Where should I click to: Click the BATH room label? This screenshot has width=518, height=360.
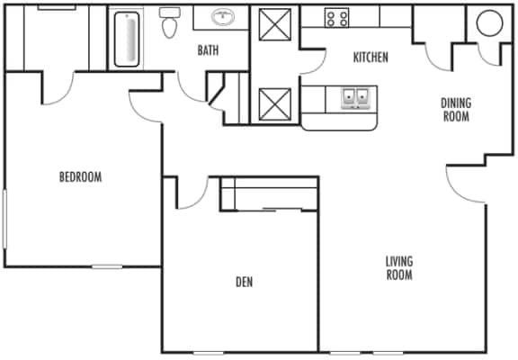coord(209,50)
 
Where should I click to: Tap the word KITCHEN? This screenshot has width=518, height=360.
coord(370,58)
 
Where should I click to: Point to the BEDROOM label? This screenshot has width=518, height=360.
coord(80,177)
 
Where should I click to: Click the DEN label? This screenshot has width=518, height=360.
coord(244,283)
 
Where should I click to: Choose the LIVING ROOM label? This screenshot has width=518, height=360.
coord(398,268)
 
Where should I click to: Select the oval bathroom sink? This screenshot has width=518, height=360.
coord(221,17)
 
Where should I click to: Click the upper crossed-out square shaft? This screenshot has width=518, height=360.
coord(273,24)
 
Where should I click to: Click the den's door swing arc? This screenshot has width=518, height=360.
coord(192,193)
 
